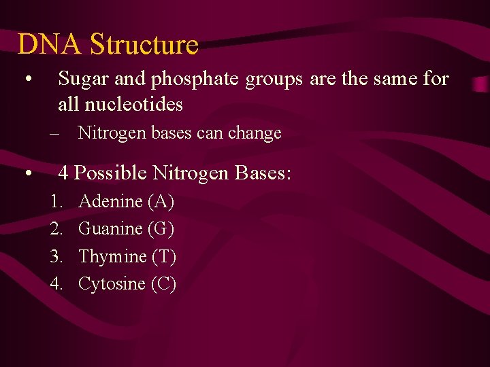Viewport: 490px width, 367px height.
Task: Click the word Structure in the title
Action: [x=144, y=45]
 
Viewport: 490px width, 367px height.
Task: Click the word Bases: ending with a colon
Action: [x=263, y=173]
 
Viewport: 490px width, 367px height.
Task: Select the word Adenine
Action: [x=110, y=202]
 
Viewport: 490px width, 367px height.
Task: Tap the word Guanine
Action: [x=110, y=229]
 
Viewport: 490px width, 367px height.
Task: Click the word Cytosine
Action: [x=112, y=284]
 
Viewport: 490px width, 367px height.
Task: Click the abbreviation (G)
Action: [x=161, y=229]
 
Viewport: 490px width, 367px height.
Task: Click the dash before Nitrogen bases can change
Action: [x=54, y=133]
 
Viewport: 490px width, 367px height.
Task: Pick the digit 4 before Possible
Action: [x=64, y=173]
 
